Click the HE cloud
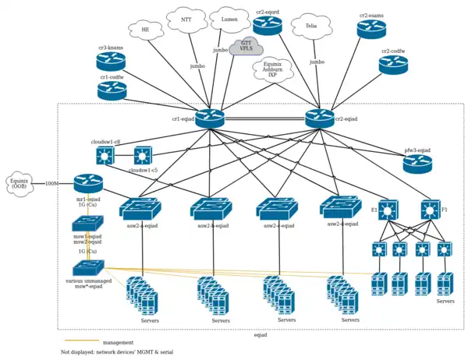145,30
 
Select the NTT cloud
186,19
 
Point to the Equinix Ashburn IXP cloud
273,70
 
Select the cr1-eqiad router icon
210,118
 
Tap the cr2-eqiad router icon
320,118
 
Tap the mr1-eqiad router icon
88,184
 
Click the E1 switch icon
388,210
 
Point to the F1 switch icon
431,210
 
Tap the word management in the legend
118,342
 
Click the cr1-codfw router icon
112,91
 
